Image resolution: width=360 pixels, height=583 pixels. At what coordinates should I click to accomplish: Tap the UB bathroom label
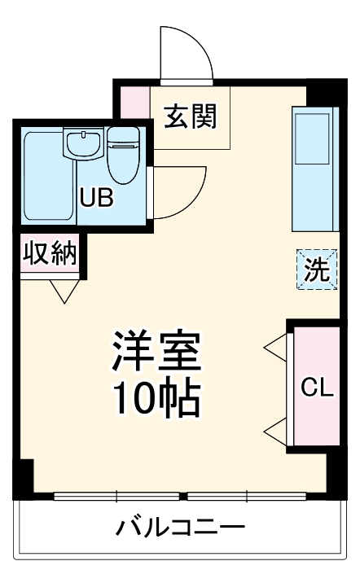pyautogui.click(x=95, y=198)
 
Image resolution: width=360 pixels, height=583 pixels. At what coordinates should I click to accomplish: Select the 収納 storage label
pyautogui.click(x=49, y=254)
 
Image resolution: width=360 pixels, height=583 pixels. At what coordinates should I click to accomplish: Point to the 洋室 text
pyautogui.click(x=156, y=352)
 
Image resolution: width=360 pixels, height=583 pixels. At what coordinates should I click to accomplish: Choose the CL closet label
pyautogui.click(x=317, y=388)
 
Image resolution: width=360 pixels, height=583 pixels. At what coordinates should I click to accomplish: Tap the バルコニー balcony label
pyautogui.click(x=179, y=526)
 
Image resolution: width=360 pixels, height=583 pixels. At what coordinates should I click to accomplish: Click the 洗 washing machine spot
pyautogui.click(x=316, y=270)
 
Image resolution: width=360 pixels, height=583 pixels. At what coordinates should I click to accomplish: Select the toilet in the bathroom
pyautogui.click(x=123, y=155)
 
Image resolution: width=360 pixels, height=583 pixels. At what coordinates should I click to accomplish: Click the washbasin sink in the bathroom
pyautogui.click(x=84, y=145)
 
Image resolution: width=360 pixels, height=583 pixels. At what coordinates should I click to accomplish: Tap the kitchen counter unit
pyautogui.click(x=313, y=167)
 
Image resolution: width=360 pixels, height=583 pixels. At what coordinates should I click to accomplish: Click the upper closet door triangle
pyautogui.click(x=275, y=349)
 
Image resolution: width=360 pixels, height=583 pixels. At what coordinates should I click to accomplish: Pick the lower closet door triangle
pyautogui.click(x=275, y=429)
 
